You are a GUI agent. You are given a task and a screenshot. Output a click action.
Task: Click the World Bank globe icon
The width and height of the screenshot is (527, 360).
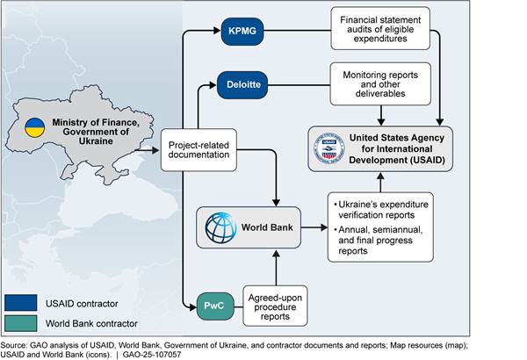215,228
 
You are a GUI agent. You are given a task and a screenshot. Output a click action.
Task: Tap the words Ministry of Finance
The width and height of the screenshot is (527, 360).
93,119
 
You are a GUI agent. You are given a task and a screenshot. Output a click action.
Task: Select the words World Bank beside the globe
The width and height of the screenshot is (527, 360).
263,228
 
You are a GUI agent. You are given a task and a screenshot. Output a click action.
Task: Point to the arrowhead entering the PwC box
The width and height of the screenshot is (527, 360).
197,307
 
